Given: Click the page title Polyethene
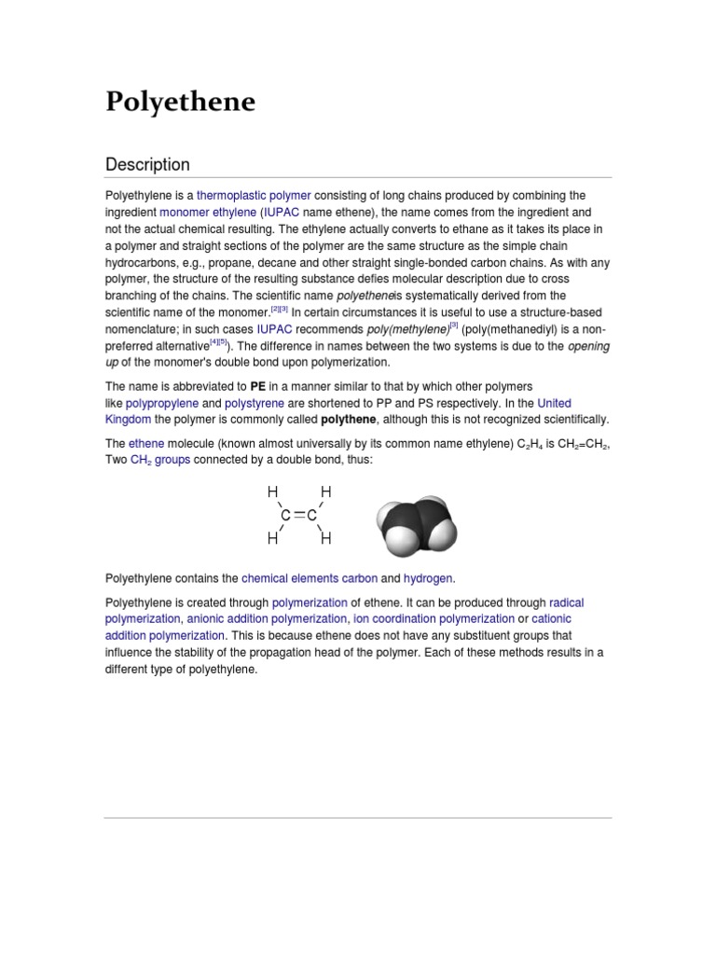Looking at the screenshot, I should tap(180, 102).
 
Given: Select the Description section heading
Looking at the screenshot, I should tap(147, 164).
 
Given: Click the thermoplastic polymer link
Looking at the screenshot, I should tap(254, 195).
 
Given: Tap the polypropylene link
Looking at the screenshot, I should tap(160, 403).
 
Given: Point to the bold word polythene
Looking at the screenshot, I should tap(348, 420).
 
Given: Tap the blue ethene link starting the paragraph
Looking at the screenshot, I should tap(145, 444).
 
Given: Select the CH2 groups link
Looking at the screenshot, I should tap(160, 461).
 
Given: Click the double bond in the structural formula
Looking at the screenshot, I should tap(298, 515).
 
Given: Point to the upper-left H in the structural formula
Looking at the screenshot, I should tap(272, 491).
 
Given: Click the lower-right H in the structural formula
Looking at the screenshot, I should tap(326, 538).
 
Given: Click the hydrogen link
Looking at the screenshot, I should tap(428, 578).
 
